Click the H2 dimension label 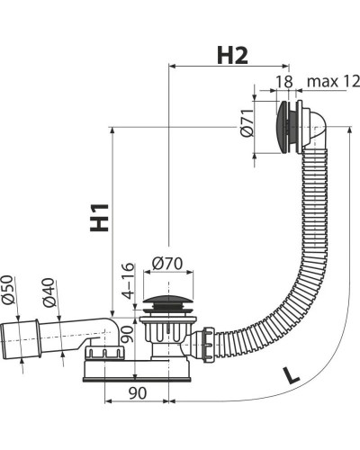point(232,56)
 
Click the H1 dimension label point(99,218)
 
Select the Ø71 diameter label point(247,122)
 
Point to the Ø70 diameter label point(167,264)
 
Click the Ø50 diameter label point(8,290)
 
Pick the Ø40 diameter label point(49,292)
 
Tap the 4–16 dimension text point(129,281)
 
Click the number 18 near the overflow point(283,81)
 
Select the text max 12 point(333,81)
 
